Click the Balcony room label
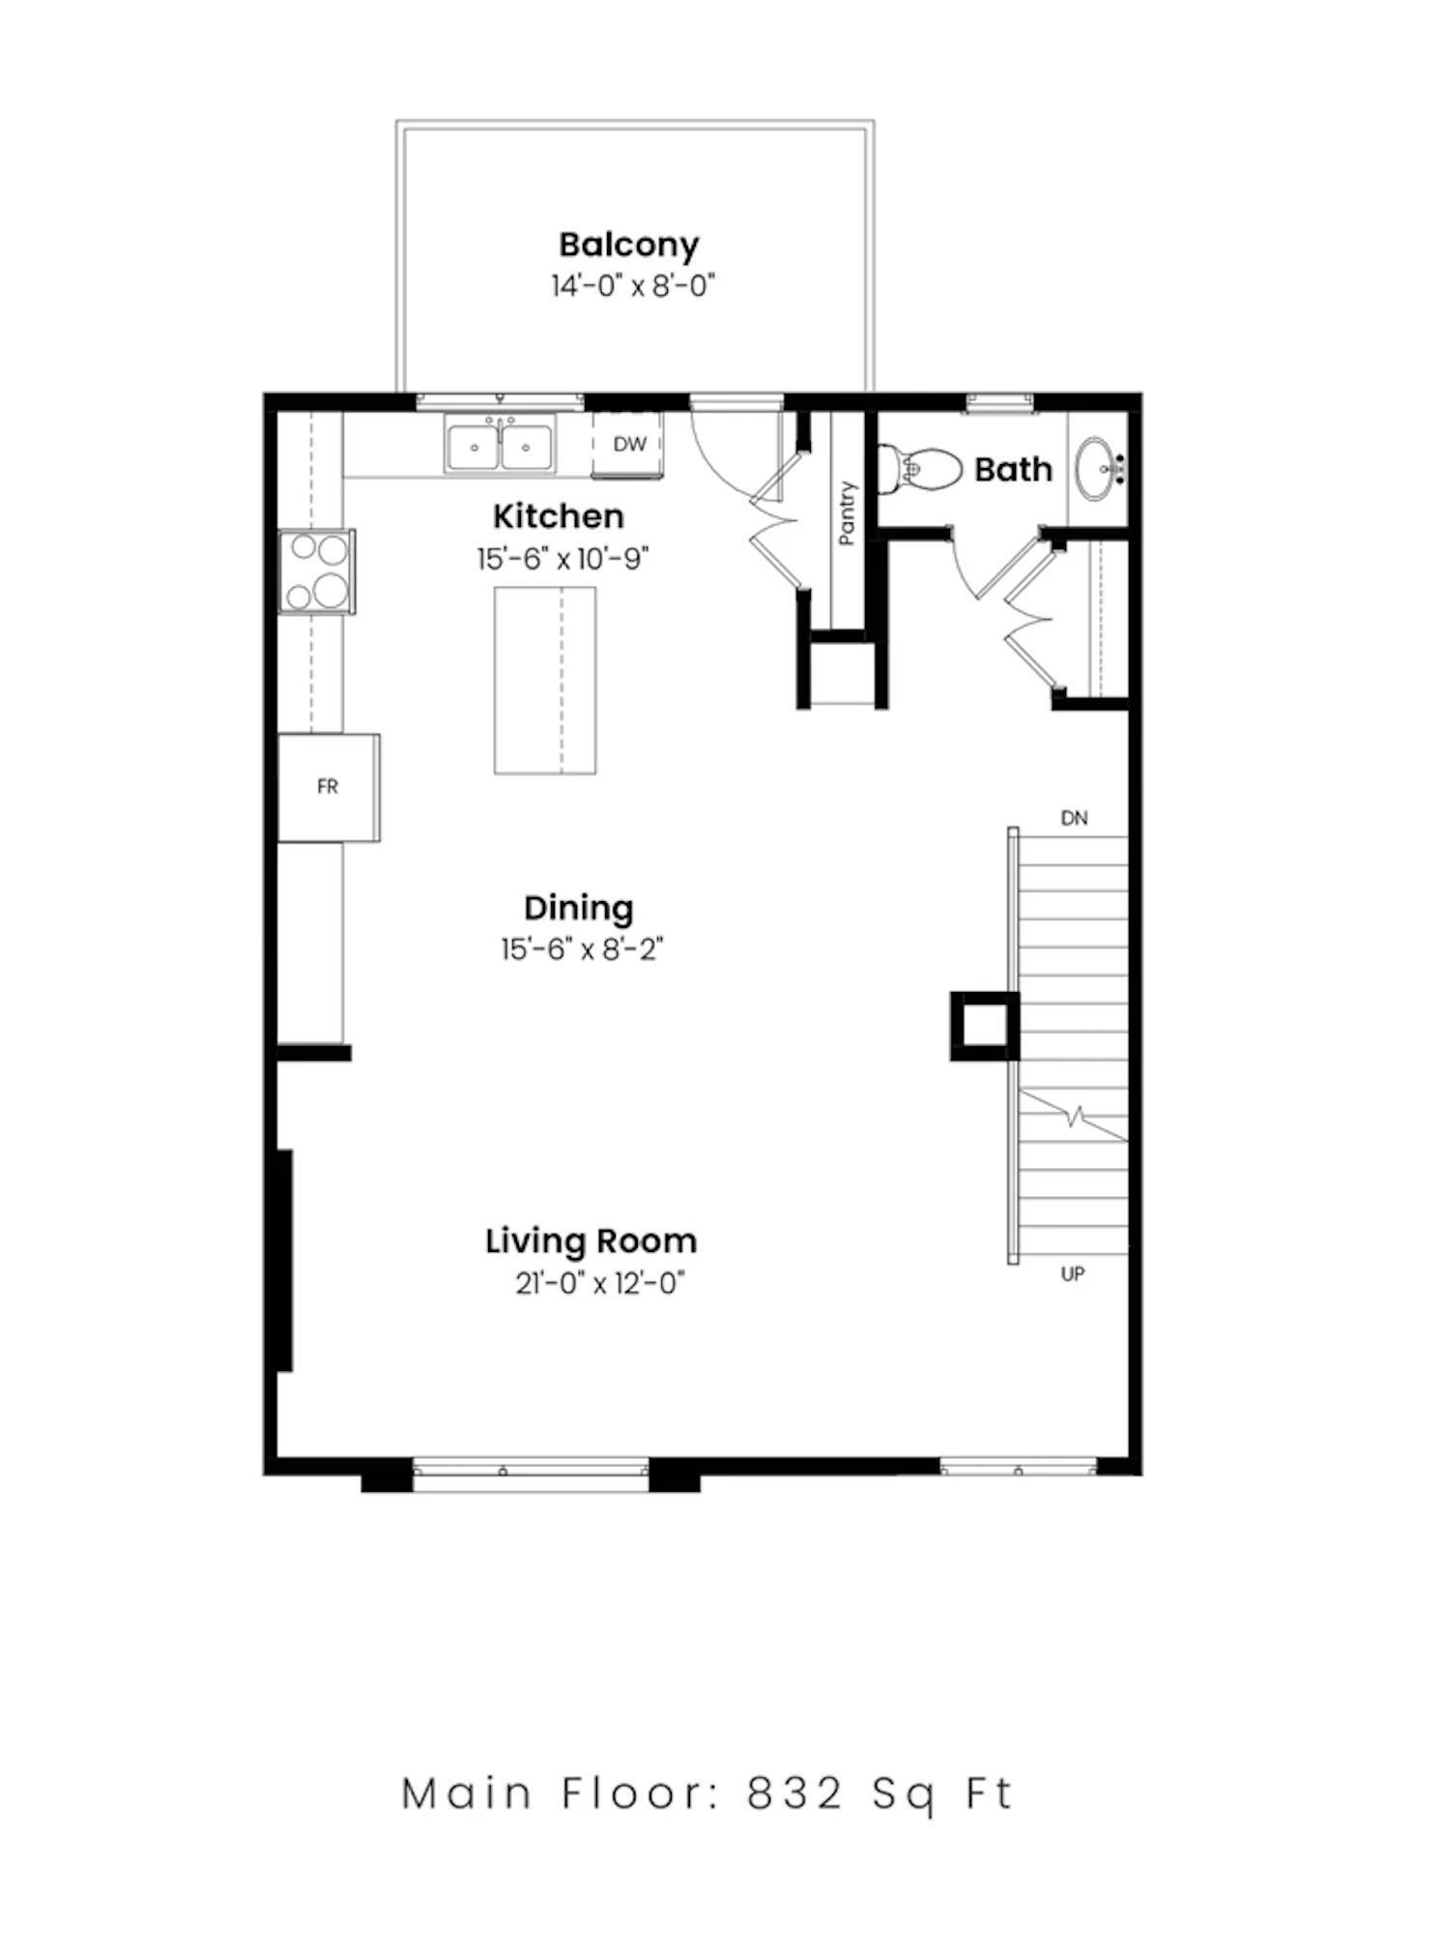[628, 245]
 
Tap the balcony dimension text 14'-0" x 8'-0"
[633, 286]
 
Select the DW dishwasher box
[629, 445]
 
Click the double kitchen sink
[500, 446]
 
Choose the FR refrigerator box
[328, 787]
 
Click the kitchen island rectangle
[544, 680]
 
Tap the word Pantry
[848, 513]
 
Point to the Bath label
[1013, 470]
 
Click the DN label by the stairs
[1074, 818]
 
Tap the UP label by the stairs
[1073, 1274]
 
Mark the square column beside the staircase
[984, 1026]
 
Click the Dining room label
[579, 908]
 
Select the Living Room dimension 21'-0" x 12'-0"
[599, 1283]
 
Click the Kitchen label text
[559, 516]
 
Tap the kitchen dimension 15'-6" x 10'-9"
[562, 559]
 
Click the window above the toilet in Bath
[999, 402]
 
